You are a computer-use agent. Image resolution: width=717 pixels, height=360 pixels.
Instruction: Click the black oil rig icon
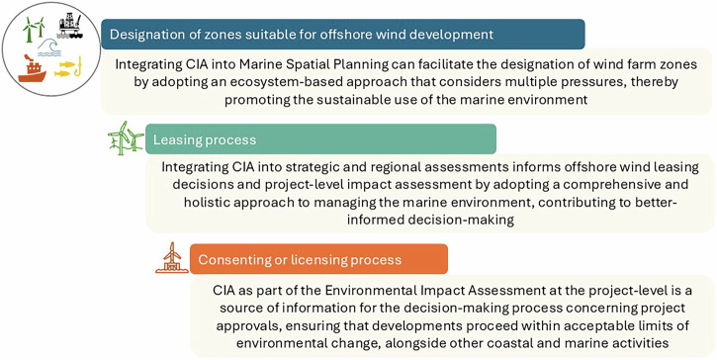coord(70,27)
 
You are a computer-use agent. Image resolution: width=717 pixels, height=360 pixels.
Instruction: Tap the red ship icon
coord(32,68)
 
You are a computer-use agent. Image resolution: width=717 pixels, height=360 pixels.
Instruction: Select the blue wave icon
coord(49,48)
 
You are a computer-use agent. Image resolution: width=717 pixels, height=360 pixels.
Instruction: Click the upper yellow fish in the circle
coord(67,64)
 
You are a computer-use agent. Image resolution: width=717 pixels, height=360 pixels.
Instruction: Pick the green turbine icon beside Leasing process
coord(126,138)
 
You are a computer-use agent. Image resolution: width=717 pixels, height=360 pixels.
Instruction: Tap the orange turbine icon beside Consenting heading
coord(171,257)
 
